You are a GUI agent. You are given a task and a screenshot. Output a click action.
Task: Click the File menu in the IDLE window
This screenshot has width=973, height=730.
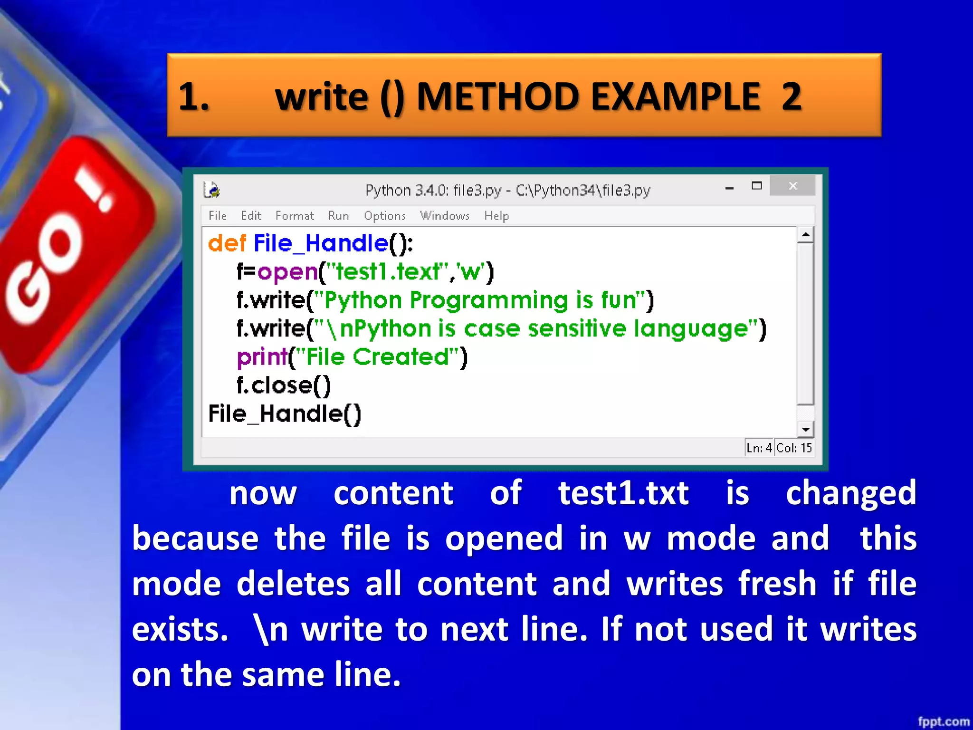(217, 216)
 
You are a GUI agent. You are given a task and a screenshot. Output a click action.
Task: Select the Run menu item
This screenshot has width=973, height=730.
(338, 216)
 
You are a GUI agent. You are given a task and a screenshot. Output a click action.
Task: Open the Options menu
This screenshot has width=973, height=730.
(384, 216)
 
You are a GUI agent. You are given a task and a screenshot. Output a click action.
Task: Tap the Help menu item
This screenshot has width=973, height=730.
(496, 216)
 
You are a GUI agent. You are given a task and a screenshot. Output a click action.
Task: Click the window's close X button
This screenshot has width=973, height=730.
(792, 186)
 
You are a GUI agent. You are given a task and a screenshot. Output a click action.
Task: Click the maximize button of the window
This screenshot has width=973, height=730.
(756, 186)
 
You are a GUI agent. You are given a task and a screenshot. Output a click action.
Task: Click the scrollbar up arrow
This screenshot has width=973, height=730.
(805, 235)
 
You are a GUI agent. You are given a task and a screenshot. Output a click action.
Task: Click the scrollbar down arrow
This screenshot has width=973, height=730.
(805, 430)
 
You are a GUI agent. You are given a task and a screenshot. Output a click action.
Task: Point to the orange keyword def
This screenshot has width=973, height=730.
(227, 243)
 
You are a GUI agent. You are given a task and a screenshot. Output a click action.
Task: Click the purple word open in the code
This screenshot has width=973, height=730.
(287, 272)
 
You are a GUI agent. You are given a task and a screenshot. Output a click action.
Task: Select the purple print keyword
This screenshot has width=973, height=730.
(262, 357)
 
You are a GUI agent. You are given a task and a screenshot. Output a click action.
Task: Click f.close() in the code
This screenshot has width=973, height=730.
(284, 385)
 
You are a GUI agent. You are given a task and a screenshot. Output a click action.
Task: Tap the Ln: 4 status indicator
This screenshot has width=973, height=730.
(759, 448)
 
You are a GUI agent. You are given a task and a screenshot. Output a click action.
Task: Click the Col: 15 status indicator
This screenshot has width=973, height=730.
(794, 448)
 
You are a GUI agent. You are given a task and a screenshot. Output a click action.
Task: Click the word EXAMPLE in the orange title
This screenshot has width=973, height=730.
(675, 96)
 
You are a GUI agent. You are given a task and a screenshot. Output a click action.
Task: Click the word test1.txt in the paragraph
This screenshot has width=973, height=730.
(623, 493)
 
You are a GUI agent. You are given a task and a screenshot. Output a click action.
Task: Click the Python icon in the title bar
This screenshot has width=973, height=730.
(211, 190)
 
